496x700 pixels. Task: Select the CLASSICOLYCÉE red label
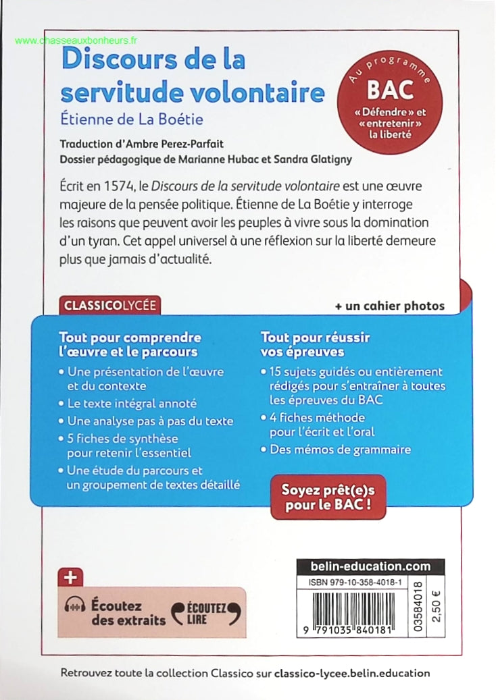pyautogui.click(x=109, y=305)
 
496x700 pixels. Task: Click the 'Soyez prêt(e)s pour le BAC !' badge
pyautogui.click(x=328, y=496)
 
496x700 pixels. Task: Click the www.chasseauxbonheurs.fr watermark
pyautogui.click(x=75, y=41)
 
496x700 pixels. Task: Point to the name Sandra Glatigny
pyautogui.click(x=321, y=159)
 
